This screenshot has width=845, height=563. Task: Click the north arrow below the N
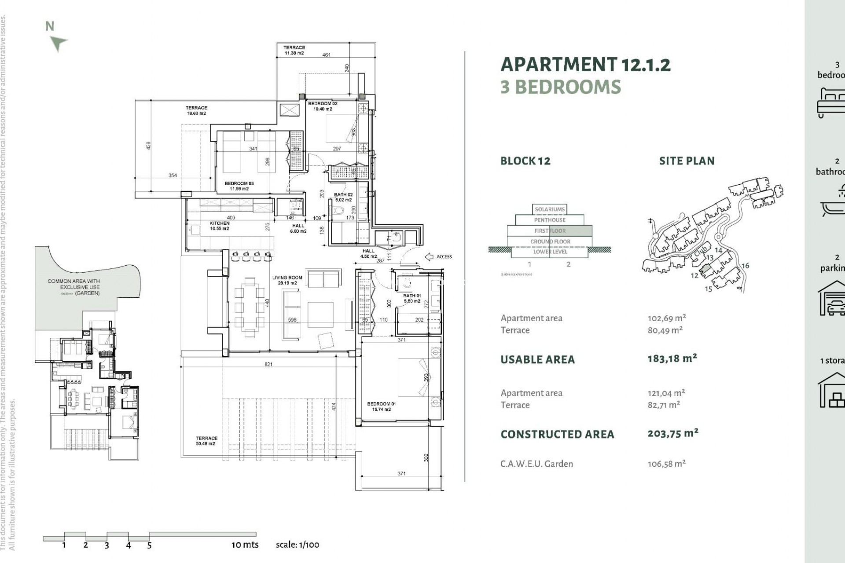tap(59, 44)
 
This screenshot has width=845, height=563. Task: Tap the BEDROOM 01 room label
tap(381, 406)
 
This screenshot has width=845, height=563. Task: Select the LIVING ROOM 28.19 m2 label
tap(287, 280)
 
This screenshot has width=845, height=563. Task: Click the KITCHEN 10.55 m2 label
tap(219, 226)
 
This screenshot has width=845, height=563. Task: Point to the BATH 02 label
tap(343, 197)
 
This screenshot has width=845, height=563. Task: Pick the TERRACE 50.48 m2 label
tap(206, 441)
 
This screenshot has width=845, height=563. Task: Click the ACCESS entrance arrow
tap(429, 256)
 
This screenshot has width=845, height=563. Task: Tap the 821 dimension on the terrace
tap(268, 364)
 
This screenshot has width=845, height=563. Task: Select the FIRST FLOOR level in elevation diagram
tap(550, 231)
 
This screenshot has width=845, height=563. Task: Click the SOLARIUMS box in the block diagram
tap(550, 209)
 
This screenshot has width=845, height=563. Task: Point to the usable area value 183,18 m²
tap(672, 358)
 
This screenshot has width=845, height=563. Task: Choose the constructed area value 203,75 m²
tap(672, 434)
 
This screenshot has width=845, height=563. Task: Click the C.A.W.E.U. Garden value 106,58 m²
tap(666, 464)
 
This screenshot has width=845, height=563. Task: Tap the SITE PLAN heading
tap(687, 161)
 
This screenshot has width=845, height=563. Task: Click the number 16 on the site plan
tap(745, 266)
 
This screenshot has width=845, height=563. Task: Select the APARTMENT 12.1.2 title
tap(585, 65)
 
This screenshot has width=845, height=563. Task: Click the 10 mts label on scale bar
tap(245, 545)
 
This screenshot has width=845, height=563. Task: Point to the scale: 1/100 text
tap(298, 545)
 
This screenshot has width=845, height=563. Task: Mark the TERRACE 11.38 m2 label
tap(294, 50)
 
